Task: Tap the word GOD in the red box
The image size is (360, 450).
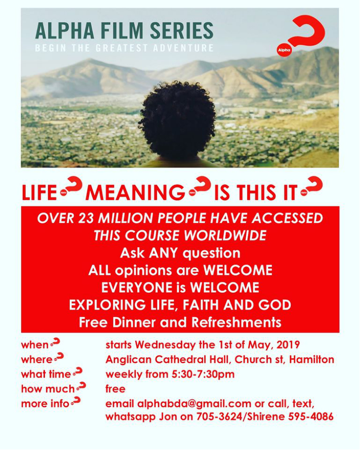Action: [x=277, y=305]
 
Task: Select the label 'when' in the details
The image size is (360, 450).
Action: [x=34, y=345]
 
